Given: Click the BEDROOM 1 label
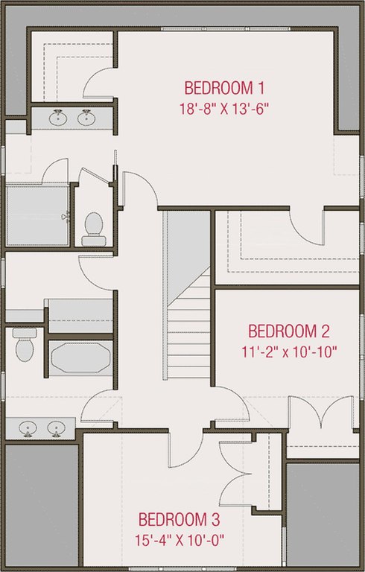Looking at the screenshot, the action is [224, 89].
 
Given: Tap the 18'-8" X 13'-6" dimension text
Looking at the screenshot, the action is [224, 109].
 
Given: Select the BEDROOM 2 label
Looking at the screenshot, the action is [289, 331].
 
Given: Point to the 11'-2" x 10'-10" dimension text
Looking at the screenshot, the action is [289, 352].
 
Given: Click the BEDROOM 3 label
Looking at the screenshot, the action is [180, 519].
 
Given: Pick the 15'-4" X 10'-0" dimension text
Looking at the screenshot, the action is [180, 540].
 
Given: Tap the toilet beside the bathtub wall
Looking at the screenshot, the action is [25, 345].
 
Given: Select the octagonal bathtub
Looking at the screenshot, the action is [80, 357].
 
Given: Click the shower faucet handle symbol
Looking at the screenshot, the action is [66, 217].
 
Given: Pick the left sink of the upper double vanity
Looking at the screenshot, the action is [58, 118].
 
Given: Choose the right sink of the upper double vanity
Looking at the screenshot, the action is [86, 118].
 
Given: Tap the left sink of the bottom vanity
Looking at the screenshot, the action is [28, 428].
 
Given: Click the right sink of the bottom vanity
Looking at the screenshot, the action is [56, 428].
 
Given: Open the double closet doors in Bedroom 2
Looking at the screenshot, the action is [321, 412].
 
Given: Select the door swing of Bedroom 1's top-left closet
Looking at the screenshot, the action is [98, 83].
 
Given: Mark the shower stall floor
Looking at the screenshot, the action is [37, 215].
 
